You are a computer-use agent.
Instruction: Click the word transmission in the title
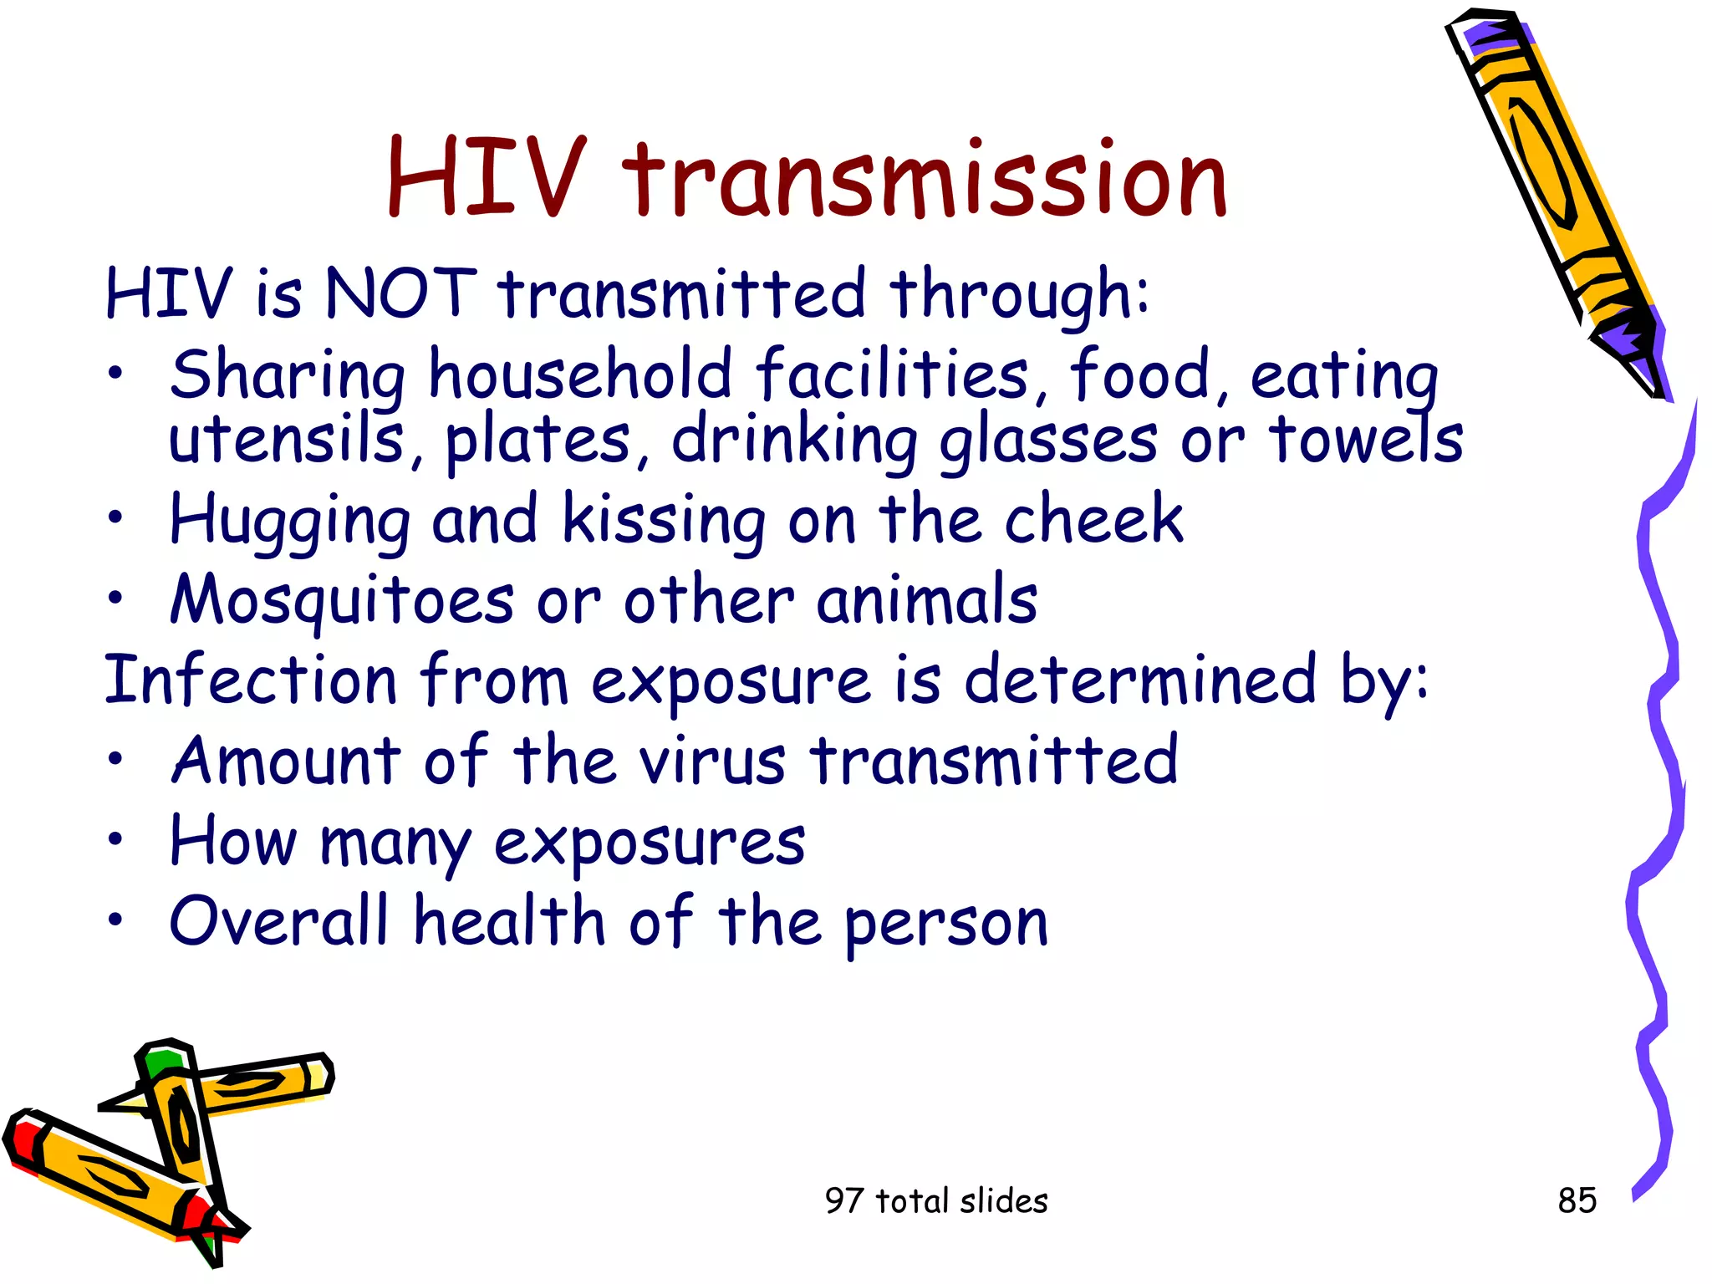925,178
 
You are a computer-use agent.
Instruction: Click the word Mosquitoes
342,600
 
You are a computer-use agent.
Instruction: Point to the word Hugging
289,520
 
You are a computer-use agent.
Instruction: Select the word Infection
250,680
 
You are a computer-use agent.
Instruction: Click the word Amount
287,760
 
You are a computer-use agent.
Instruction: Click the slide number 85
1577,1200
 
